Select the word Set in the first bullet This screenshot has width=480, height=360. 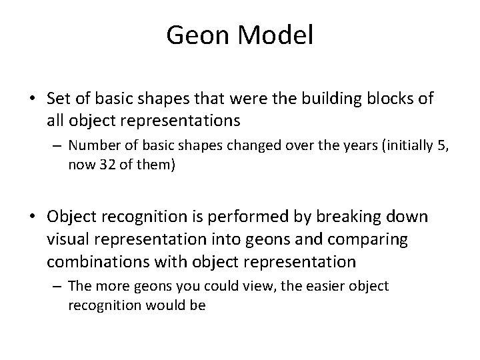point(59,99)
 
